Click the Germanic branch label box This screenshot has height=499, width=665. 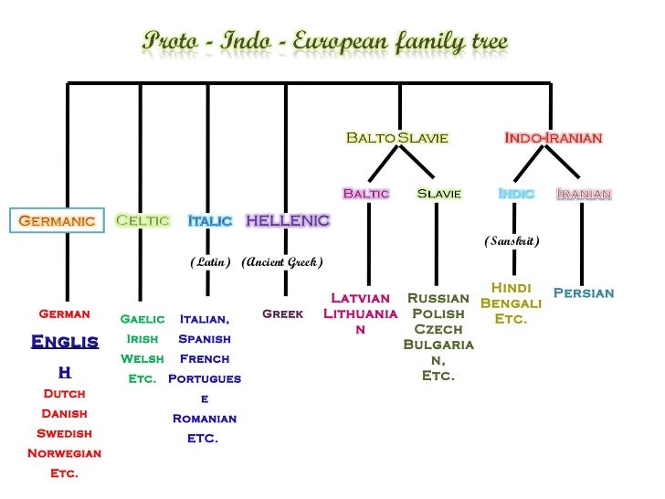[57, 221]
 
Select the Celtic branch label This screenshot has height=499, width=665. [142, 220]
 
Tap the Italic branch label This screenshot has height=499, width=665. [210, 220]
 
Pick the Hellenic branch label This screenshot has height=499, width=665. [288, 220]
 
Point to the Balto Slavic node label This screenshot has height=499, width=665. [396, 138]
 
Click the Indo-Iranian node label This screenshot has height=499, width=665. [554, 138]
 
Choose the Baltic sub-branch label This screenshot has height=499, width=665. [365, 193]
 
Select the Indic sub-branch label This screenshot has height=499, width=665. [516, 193]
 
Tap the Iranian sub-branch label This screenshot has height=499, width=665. [584, 193]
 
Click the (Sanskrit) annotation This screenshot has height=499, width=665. [512, 241]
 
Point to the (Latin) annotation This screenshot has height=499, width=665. [210, 262]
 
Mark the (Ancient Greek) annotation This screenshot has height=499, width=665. [282, 262]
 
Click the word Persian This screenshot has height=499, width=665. [584, 293]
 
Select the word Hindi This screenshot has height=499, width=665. [511, 287]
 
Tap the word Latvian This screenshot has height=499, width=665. [361, 298]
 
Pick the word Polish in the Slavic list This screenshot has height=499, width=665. [438, 313]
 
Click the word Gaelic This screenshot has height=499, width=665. [142, 319]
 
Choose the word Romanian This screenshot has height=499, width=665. [205, 419]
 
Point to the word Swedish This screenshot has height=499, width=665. [64, 433]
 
